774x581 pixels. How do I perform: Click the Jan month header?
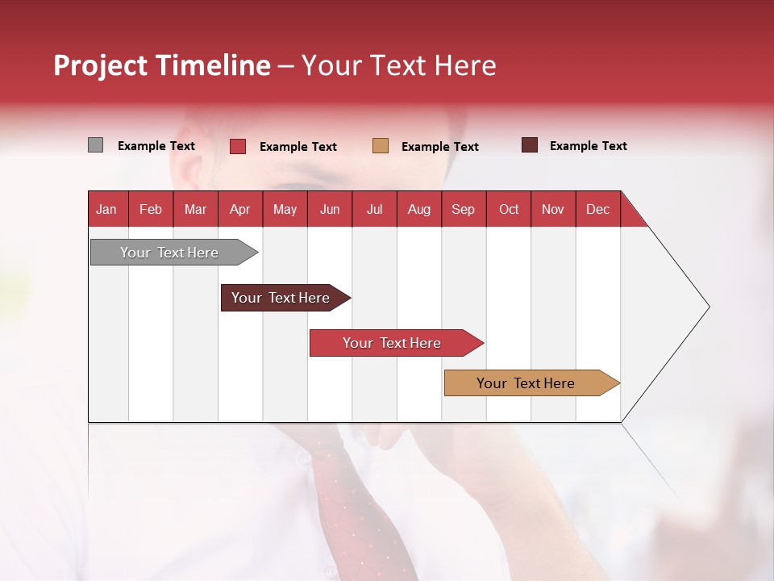tap(107, 209)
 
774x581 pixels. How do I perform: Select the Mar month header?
tap(195, 209)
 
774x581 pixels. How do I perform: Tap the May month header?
tap(285, 209)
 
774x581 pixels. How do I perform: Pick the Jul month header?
tap(374, 209)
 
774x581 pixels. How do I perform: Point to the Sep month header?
tap(463, 209)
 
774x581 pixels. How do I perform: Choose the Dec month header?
tap(597, 209)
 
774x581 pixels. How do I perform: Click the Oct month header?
tap(509, 209)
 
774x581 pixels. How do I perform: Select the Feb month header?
tap(151, 209)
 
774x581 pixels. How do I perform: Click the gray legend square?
tap(95, 145)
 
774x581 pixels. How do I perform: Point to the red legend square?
tap(238, 146)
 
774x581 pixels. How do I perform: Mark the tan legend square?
tap(381, 146)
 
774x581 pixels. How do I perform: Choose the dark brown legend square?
tap(530, 145)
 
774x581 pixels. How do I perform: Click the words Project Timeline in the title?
tap(161, 65)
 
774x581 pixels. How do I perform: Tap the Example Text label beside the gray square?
tap(156, 146)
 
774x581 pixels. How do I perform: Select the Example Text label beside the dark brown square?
tap(589, 146)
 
